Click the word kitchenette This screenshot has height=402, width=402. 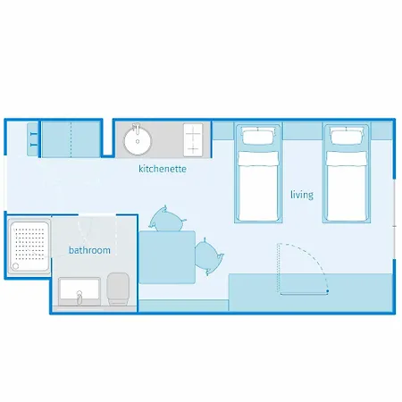point(163,169)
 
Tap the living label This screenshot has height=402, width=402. point(302,195)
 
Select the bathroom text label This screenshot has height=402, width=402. point(89,250)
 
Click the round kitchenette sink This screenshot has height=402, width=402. point(138,141)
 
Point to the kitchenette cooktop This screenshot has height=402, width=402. point(193,139)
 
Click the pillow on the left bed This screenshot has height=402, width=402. point(258,137)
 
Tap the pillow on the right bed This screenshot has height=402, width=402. point(347,137)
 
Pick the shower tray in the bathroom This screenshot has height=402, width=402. point(29,246)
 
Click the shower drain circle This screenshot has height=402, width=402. point(15,266)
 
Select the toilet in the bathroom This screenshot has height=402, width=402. point(118,289)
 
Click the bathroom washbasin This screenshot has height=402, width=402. point(80,291)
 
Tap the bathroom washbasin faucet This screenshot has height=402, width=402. point(80,297)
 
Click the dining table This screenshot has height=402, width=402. point(167,257)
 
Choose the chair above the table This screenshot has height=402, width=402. point(166,219)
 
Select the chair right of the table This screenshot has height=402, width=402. point(208,256)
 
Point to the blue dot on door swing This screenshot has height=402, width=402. point(327,291)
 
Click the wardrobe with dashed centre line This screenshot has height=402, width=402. point(71,139)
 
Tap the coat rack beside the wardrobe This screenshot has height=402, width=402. point(33,139)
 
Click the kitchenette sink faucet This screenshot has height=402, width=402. point(137,129)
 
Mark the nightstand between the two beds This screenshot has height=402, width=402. point(302,130)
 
